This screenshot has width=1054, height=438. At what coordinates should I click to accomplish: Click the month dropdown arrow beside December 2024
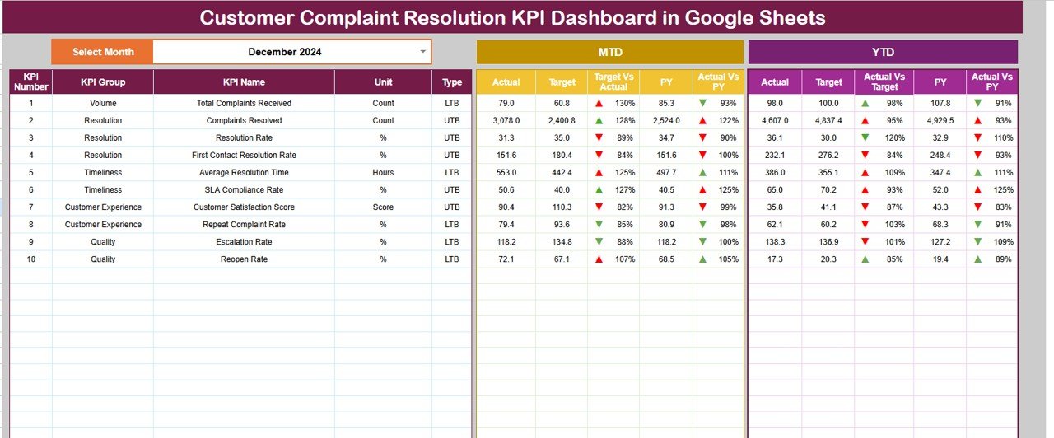423,51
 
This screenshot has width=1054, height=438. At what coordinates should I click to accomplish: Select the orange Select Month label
103,52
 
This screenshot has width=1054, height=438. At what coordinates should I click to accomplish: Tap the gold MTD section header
609,52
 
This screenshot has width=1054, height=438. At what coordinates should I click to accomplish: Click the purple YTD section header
882,52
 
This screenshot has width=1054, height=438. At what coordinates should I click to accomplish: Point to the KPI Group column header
103,82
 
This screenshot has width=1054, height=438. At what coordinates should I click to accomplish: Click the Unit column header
383,82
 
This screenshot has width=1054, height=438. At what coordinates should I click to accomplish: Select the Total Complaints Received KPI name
244,104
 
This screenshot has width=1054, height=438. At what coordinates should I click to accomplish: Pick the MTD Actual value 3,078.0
506,121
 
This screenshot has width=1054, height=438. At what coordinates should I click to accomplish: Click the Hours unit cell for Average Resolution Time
383,173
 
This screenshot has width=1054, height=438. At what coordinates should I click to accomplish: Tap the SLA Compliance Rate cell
244,190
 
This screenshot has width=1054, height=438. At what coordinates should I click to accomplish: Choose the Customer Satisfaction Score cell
244,207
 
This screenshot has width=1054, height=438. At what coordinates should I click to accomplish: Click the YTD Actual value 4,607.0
775,121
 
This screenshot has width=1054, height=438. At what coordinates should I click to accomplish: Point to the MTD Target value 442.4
562,173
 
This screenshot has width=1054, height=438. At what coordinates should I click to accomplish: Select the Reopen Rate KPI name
244,259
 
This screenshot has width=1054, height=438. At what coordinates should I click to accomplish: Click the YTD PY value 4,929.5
940,121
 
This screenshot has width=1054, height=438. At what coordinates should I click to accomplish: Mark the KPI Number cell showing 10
31,259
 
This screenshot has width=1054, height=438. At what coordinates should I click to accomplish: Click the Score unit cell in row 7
383,207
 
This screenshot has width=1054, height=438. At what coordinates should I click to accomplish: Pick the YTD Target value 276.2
828,156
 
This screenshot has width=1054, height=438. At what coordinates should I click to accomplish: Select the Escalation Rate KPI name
244,242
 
